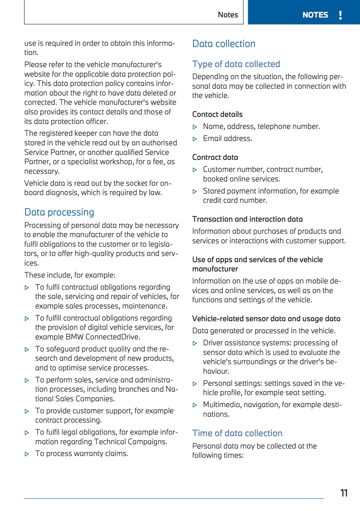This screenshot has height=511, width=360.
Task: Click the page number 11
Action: coord(344,493)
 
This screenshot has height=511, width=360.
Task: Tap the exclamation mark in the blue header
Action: coord(340,15)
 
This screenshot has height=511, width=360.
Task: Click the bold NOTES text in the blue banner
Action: coord(315,15)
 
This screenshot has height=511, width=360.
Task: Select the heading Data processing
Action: coord(59,212)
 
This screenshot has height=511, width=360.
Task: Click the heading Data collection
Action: coord(224,44)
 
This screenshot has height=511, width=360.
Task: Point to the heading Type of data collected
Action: coord(236,64)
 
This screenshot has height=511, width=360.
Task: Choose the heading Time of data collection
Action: coord(237,433)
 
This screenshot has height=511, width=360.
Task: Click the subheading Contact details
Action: coord(217,114)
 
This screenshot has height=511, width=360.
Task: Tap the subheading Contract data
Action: coord(215,157)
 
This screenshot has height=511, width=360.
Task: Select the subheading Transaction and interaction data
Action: coord(248,219)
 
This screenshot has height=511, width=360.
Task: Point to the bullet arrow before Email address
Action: coord(195,139)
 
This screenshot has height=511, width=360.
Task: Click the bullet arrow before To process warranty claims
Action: coord(27,454)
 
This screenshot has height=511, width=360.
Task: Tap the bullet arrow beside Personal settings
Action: coord(195,384)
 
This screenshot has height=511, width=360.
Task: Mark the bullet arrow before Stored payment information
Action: coord(195,192)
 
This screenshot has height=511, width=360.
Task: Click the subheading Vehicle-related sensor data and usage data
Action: coord(266,319)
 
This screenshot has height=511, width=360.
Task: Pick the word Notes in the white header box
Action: coord(228,15)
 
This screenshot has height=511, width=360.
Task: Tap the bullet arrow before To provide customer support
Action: coord(27,411)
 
